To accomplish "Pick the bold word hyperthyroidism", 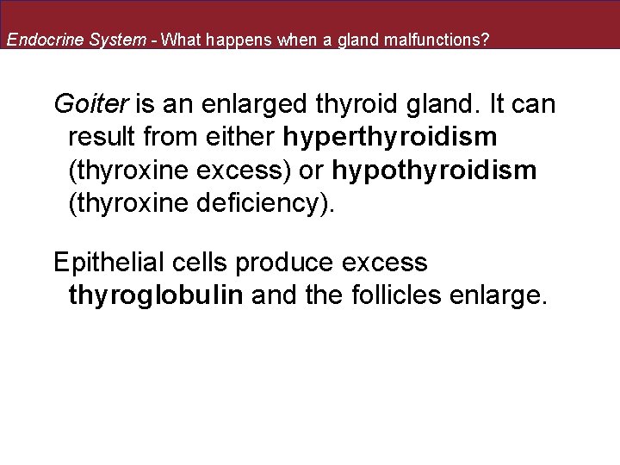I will tap(391, 138).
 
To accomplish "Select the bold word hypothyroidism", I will tap(434, 170).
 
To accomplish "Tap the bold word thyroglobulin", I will tap(157, 296).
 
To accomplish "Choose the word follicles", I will tap(406, 296).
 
